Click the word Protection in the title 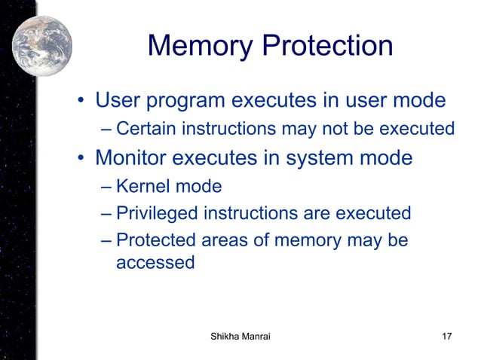326,47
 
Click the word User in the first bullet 121,100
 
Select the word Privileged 155,214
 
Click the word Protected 154,241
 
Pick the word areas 224,241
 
